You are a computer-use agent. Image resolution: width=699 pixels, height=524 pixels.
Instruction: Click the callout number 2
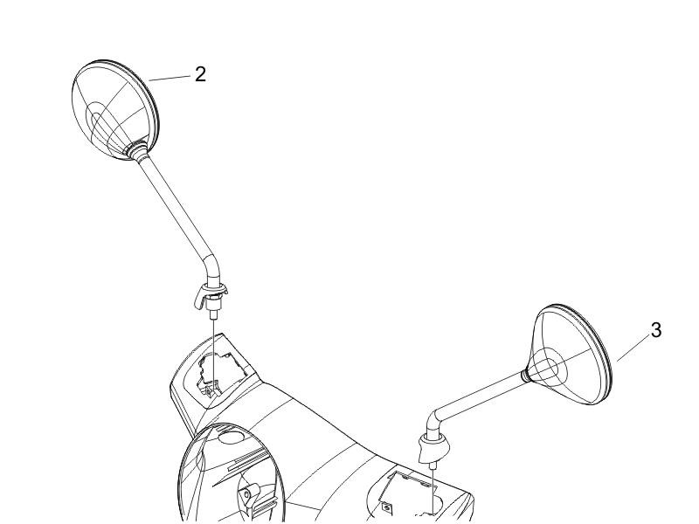pos(201,74)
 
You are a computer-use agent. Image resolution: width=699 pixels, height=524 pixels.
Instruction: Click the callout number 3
pos(656,330)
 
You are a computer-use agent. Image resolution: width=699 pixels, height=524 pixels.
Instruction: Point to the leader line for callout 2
pos(170,78)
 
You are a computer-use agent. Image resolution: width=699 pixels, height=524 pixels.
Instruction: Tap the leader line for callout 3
pos(633,348)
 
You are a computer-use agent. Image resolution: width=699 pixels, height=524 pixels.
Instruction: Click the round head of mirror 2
pos(114,110)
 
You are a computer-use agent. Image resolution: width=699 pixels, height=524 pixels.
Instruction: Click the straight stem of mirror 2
pos(174,205)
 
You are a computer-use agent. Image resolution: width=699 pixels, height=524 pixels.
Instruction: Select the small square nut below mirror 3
pos(385,507)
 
